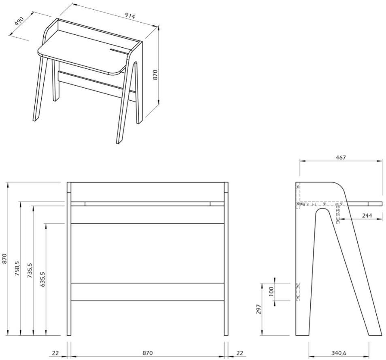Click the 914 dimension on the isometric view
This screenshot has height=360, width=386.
129,16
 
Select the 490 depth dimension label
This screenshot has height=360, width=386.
19,21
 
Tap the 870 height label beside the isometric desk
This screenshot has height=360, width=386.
154,74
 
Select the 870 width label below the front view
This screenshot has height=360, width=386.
147,353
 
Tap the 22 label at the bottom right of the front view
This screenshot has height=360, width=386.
240,353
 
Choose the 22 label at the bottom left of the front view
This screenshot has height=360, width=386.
55,353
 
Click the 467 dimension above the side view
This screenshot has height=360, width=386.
341,157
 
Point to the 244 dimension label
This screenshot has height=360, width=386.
366,216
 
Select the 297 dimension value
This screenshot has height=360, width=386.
259,309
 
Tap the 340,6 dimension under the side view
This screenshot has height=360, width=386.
339,353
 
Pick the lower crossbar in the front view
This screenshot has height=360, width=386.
148,292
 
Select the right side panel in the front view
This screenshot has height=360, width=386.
226,259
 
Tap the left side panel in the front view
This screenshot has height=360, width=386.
69,259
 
